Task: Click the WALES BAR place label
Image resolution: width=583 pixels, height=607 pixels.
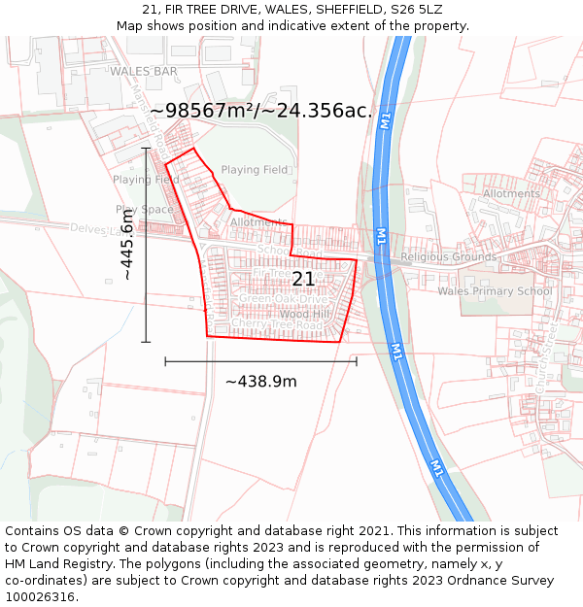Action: click(144, 72)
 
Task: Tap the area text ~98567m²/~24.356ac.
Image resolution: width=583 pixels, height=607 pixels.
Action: click(261, 111)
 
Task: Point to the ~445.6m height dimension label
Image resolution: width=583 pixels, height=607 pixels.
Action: click(127, 245)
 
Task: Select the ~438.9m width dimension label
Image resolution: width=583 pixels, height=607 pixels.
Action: click(260, 382)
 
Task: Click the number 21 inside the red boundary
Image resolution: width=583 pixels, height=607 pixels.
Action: click(303, 279)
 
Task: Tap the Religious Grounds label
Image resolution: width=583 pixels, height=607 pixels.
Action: click(448, 257)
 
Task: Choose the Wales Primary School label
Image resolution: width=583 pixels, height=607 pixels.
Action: click(495, 291)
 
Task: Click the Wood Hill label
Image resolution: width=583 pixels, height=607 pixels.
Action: click(305, 315)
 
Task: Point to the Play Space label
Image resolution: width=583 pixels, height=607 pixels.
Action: click(145, 209)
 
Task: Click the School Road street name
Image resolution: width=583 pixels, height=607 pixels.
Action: click(279, 250)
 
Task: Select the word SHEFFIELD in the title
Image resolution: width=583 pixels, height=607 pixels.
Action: click(351, 10)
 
